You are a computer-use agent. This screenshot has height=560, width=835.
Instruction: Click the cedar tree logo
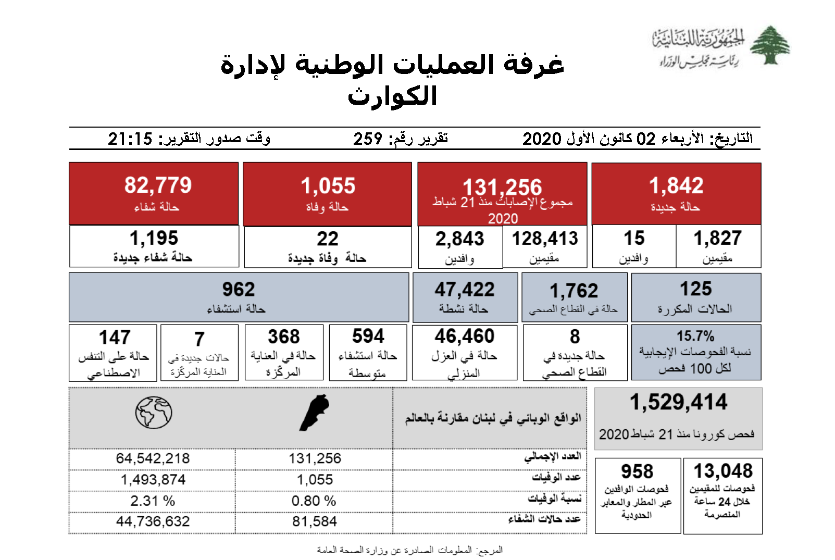pyautogui.click(x=770, y=45)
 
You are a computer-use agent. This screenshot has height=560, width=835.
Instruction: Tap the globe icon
pyautogui.click(x=154, y=413)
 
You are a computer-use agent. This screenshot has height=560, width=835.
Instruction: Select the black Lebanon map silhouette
pyautogui.click(x=315, y=413)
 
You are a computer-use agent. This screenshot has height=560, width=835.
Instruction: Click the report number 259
pyautogui.click(x=368, y=139)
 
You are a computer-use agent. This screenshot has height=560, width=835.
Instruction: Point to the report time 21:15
pyautogui.click(x=130, y=139)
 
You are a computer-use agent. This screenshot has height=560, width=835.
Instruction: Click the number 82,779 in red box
pyautogui.click(x=158, y=185)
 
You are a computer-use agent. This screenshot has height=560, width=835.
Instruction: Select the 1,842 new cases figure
pyautogui.click(x=676, y=186)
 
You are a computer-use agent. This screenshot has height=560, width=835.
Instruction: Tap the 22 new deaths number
pyautogui.click(x=328, y=239)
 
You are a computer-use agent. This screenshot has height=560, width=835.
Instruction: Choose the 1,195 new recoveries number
pyautogui.click(x=154, y=239)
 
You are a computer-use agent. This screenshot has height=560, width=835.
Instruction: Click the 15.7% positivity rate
pyautogui.click(x=695, y=336)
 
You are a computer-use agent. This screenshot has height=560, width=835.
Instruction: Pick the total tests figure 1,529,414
pyautogui.click(x=678, y=402)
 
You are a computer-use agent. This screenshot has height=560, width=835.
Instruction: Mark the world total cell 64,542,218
pyautogui.click(x=153, y=458)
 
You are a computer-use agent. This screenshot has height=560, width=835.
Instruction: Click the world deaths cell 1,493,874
pyautogui.click(x=153, y=480)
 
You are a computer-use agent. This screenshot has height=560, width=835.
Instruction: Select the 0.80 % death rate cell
pyautogui.click(x=314, y=501)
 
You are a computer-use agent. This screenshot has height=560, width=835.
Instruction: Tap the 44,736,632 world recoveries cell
pyautogui.click(x=153, y=521)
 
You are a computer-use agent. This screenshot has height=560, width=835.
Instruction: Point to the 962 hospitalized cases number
pyautogui.click(x=239, y=290)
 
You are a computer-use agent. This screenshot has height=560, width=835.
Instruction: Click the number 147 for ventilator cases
pyautogui.click(x=115, y=338)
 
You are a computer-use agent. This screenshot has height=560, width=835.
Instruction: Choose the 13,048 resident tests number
pyautogui.click(x=723, y=471)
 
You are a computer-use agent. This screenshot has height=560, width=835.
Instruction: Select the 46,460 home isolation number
pyautogui.click(x=465, y=337)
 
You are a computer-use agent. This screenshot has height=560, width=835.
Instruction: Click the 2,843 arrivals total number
pyautogui.click(x=460, y=239)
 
